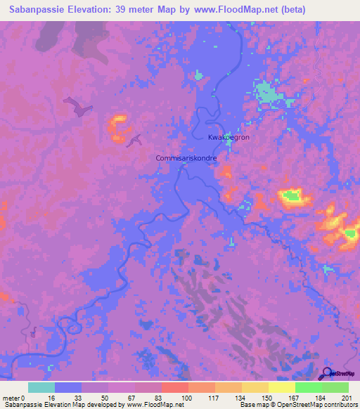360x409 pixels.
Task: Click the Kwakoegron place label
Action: [x=229, y=138]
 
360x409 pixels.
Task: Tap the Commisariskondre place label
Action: [x=186, y=159]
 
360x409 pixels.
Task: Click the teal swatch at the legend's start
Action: [x=41, y=387]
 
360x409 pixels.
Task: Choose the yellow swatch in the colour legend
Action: [x=281, y=387]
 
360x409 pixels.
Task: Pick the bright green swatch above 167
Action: [x=308, y=387]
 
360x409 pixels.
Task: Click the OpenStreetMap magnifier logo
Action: [x=328, y=375]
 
